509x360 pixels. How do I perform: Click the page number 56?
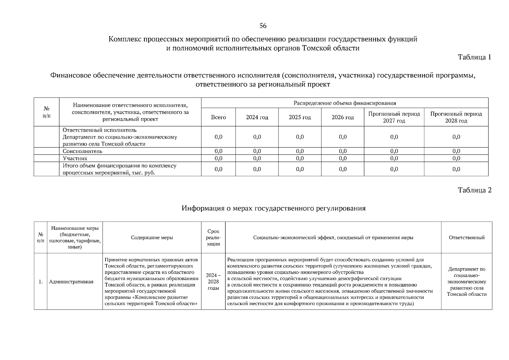(263, 26)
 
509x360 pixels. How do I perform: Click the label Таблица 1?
(475, 57)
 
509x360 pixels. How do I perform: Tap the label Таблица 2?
(475, 190)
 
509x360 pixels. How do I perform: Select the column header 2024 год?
(257, 117)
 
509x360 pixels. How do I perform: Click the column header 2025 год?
(300, 117)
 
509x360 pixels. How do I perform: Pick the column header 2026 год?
(343, 117)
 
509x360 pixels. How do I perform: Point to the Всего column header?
(219, 117)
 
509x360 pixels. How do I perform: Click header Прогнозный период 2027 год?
(394, 117)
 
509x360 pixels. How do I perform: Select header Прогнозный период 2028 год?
(456, 117)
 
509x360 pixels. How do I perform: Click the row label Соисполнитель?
(82, 151)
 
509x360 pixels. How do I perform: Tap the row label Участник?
(75, 158)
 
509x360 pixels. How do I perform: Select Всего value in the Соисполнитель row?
(219, 151)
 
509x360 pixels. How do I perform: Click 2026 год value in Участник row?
(343, 158)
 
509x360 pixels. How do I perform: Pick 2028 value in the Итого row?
(456, 169)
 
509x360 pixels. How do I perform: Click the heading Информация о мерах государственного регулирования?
(273, 208)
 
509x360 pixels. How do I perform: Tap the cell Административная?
(71, 282)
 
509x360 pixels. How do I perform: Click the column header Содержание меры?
(152, 238)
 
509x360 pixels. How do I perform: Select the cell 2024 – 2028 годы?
(213, 282)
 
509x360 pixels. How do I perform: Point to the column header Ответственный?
(466, 238)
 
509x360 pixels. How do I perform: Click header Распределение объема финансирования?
(345, 103)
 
